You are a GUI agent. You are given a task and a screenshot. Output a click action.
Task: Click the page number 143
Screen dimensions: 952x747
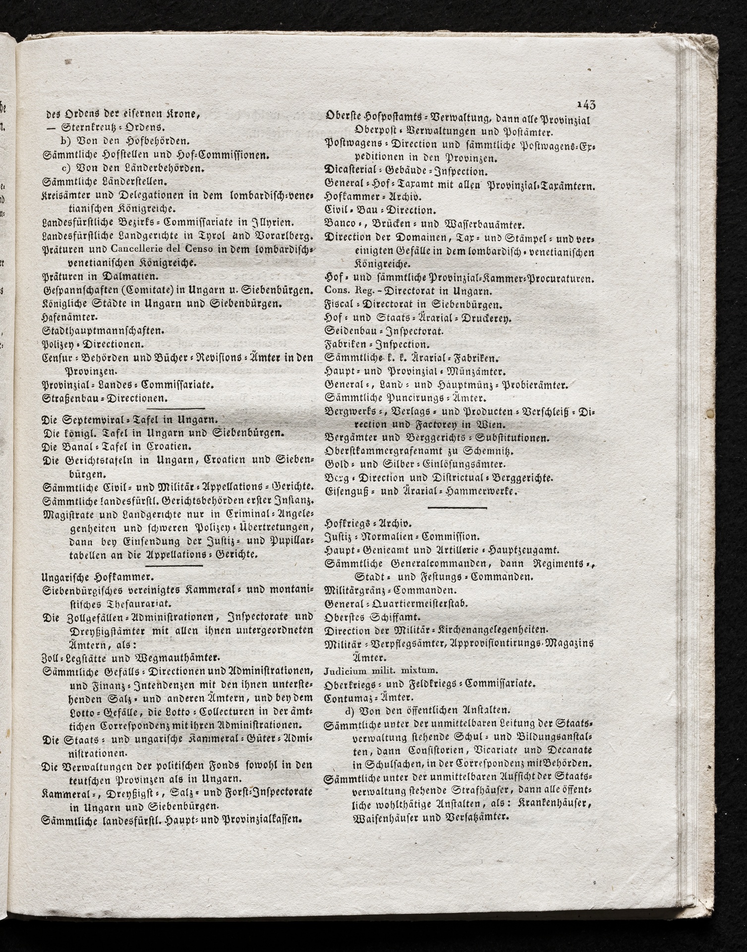586,104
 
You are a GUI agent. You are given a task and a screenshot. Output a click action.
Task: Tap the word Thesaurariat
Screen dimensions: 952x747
126,603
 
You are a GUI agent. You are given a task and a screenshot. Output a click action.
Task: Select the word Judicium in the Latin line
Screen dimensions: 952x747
343,671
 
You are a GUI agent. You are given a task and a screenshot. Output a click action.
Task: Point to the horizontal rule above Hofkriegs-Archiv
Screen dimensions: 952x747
457,508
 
